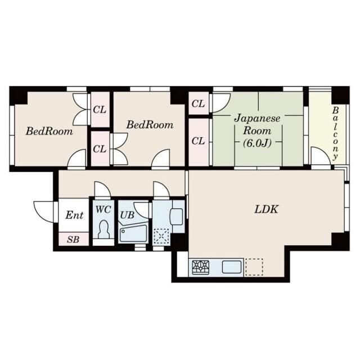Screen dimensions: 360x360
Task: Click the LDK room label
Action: coord(266,209)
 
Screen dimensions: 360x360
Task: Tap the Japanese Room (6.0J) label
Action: coord(257,130)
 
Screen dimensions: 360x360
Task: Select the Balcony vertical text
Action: coord(335,133)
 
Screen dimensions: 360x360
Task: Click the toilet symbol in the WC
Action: coord(103,229)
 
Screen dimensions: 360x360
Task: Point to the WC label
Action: coord(103,209)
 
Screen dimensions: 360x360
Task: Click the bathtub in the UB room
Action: coord(133,233)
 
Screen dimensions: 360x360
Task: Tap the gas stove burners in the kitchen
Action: coord(200,267)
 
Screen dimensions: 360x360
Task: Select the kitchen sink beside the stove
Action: coord(231,267)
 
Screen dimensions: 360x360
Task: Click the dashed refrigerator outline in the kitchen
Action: coord(254,267)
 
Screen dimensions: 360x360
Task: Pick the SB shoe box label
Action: coord(73,240)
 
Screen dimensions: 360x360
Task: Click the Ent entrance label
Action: coord(74,215)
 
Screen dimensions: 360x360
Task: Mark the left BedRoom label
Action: coord(49,131)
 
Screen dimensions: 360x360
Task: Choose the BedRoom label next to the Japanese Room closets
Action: coord(150,125)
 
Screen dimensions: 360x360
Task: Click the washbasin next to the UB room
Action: coord(176,217)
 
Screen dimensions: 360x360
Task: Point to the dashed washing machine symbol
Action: coord(161,236)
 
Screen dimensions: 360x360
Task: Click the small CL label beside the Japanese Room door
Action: coord(198,103)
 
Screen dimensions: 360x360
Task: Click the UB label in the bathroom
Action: coord(127,215)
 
